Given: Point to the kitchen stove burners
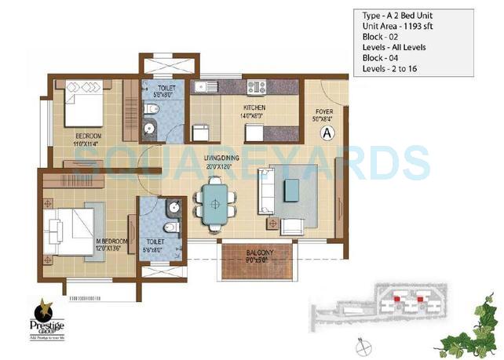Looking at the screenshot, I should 257,86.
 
